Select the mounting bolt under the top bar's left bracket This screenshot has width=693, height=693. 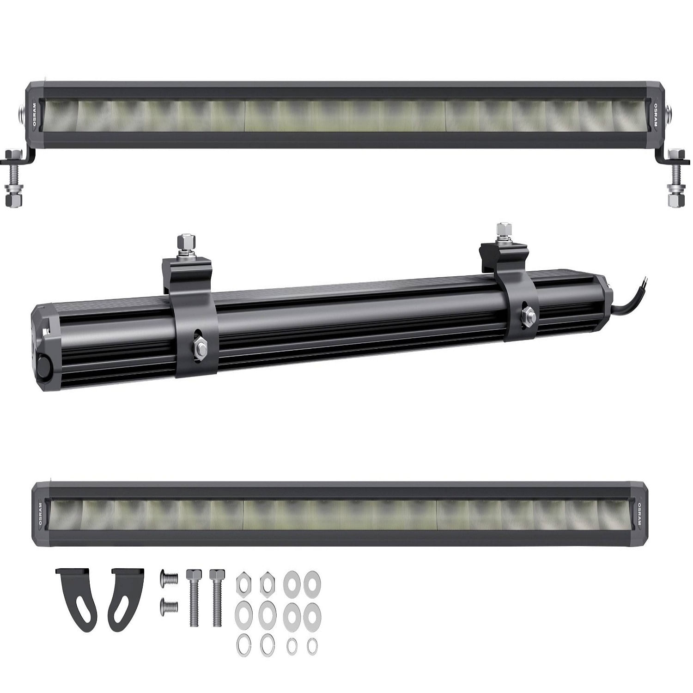tap(13, 178)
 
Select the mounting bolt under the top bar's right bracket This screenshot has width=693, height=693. tap(677, 178)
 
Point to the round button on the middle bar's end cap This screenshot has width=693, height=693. tap(45, 361)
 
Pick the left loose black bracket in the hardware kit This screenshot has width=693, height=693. tap(77, 599)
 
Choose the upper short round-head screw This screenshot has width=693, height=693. tap(169, 577)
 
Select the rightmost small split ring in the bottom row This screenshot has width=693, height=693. tap(312, 645)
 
